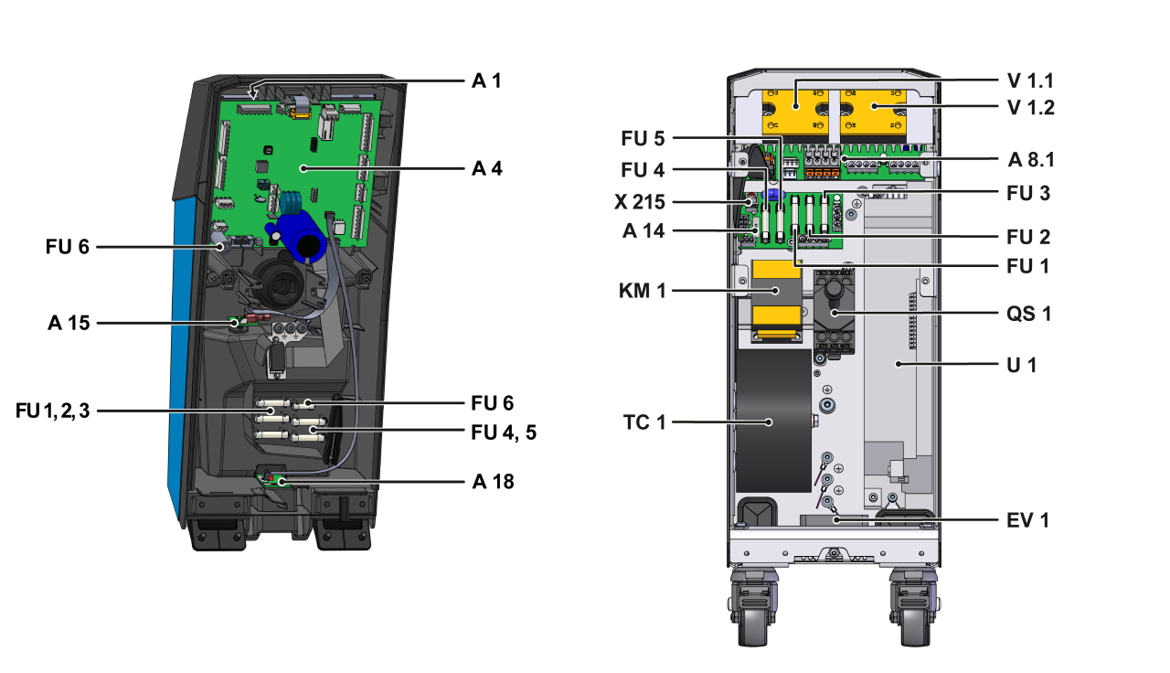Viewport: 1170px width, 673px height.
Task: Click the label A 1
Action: (x=486, y=80)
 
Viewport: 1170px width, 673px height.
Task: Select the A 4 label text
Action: (x=486, y=168)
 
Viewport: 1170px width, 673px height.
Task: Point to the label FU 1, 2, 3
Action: (x=53, y=411)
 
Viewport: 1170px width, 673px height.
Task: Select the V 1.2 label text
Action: (x=1030, y=107)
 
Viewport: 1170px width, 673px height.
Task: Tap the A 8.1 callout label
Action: (x=1031, y=160)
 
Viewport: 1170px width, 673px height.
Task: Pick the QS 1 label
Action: (x=1028, y=314)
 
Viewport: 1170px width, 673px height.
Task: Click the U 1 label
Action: (x=1022, y=364)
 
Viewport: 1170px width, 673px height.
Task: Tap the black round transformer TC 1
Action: (x=772, y=421)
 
